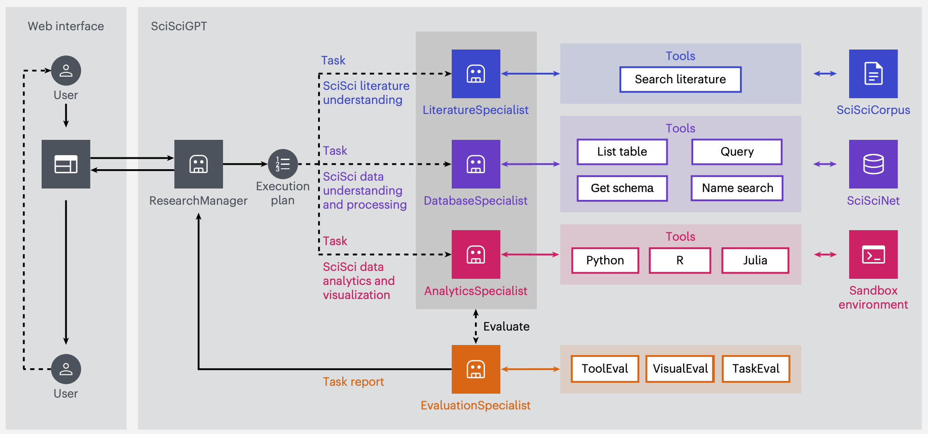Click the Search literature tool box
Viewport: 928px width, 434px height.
680,79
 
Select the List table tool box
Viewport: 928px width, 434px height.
622,152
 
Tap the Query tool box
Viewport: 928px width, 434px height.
737,152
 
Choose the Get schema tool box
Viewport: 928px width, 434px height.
622,188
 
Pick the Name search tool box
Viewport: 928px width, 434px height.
737,188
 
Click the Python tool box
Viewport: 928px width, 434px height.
605,260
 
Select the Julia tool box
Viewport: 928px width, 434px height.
755,260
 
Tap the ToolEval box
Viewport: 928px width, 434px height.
605,369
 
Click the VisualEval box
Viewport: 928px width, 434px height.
680,369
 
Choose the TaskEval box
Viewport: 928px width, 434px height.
756,369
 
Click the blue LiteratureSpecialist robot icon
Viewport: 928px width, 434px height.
476,74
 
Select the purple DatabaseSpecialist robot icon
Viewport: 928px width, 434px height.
476,164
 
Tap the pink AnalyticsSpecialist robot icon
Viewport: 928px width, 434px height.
476,254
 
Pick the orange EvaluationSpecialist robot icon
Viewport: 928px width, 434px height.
476,369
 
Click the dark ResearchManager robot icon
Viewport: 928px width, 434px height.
198,164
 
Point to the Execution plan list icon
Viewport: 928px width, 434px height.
283,164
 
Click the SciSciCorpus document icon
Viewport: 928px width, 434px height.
873,74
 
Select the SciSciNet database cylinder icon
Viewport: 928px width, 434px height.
873,164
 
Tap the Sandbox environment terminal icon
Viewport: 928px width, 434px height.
873,254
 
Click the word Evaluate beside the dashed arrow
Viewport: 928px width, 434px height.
506,327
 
